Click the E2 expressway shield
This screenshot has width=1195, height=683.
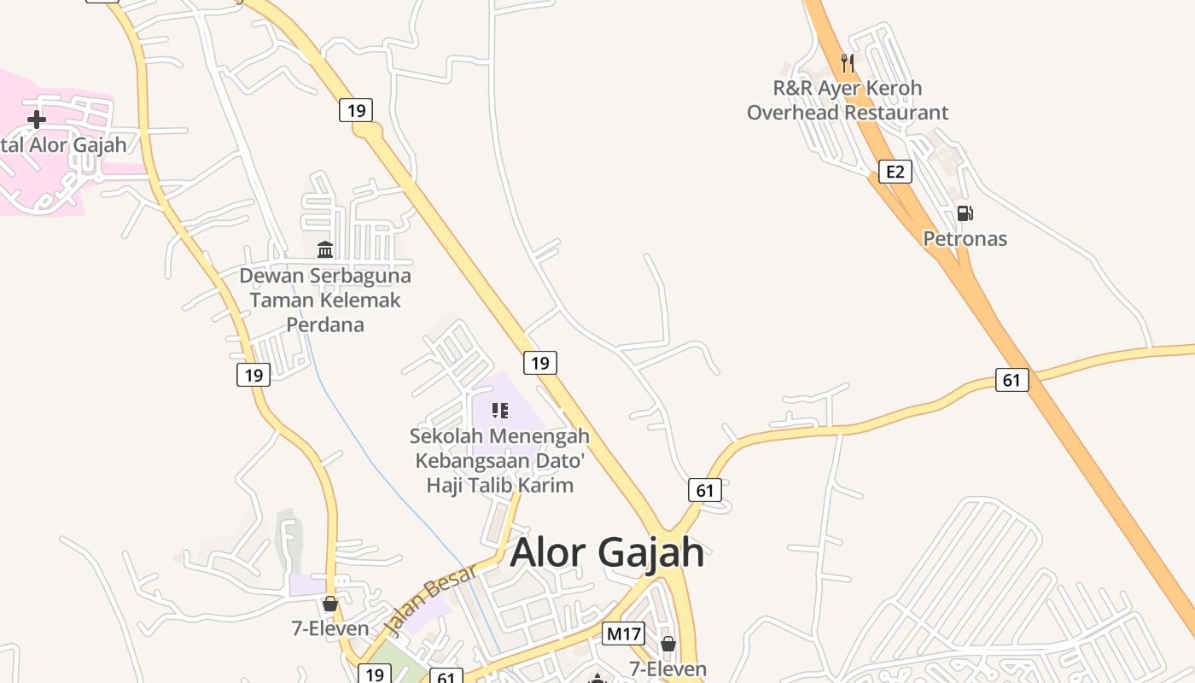click(x=895, y=172)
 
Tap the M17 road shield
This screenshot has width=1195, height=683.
click(x=623, y=633)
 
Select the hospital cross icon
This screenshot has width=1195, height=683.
click(x=36, y=119)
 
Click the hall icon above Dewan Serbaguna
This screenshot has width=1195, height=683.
click(x=325, y=249)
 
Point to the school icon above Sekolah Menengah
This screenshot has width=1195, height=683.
click(x=500, y=411)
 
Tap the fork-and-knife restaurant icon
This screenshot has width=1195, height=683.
click(x=847, y=62)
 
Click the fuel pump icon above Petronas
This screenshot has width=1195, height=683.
click(x=965, y=213)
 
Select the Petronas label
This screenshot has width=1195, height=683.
click(x=965, y=238)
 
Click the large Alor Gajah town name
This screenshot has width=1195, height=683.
click(x=607, y=552)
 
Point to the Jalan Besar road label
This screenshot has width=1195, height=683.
click(x=429, y=600)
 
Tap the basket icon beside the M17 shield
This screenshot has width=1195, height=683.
click(x=667, y=643)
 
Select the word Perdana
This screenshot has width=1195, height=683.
click(x=324, y=324)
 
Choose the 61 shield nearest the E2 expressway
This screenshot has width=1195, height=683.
click(x=1011, y=380)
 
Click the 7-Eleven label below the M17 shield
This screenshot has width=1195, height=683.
click(x=667, y=668)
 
